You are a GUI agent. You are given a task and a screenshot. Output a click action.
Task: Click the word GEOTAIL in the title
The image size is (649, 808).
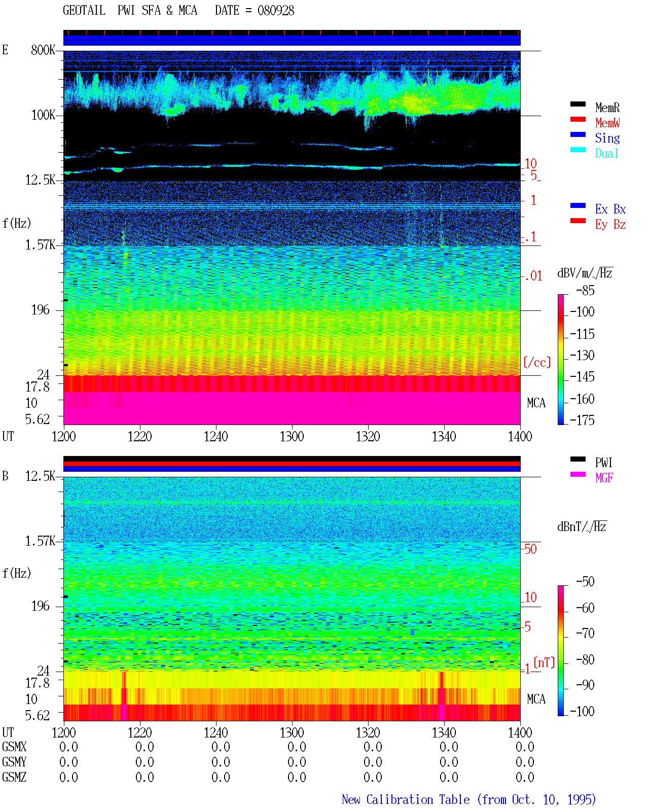coord(84,10)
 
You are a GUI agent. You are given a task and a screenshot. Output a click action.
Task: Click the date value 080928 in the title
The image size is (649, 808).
coord(276,10)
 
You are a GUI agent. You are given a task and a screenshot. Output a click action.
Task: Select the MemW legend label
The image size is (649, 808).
coord(607,122)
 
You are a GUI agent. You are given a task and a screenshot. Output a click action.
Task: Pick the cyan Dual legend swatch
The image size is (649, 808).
coord(578,150)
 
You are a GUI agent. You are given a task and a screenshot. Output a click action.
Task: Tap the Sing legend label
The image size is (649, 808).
coord(607,138)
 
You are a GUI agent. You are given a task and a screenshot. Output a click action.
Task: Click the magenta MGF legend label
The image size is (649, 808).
coord(604,478)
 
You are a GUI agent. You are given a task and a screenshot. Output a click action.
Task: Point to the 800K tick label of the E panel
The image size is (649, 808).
coord(43,50)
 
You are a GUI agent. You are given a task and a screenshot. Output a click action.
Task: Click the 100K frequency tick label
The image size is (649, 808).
coord(43,115)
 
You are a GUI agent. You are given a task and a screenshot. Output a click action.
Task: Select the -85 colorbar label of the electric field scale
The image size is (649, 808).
coord(585,290)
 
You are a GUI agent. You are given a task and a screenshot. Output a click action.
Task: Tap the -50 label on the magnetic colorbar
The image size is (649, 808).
coord(585,581)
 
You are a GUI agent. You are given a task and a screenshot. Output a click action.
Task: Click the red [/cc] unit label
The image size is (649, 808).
coord(537,362)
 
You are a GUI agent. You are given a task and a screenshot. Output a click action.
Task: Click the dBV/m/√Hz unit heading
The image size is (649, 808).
coord(585,272)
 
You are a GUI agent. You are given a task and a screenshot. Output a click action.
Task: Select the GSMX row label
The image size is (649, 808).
coord(14,747)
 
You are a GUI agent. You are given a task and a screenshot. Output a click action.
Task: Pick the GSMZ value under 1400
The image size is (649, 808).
coord(525,777)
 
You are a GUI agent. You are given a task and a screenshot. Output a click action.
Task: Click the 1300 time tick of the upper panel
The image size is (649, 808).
coord(292,436)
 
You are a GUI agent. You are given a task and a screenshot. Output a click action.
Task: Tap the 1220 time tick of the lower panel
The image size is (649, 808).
coord(139,732)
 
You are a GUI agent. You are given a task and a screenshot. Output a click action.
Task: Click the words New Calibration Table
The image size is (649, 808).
coord(406,799)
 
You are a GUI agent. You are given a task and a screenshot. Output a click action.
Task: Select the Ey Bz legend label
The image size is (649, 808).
coord(610,224)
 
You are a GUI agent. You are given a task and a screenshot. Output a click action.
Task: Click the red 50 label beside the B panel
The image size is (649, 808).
coord(530,549)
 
